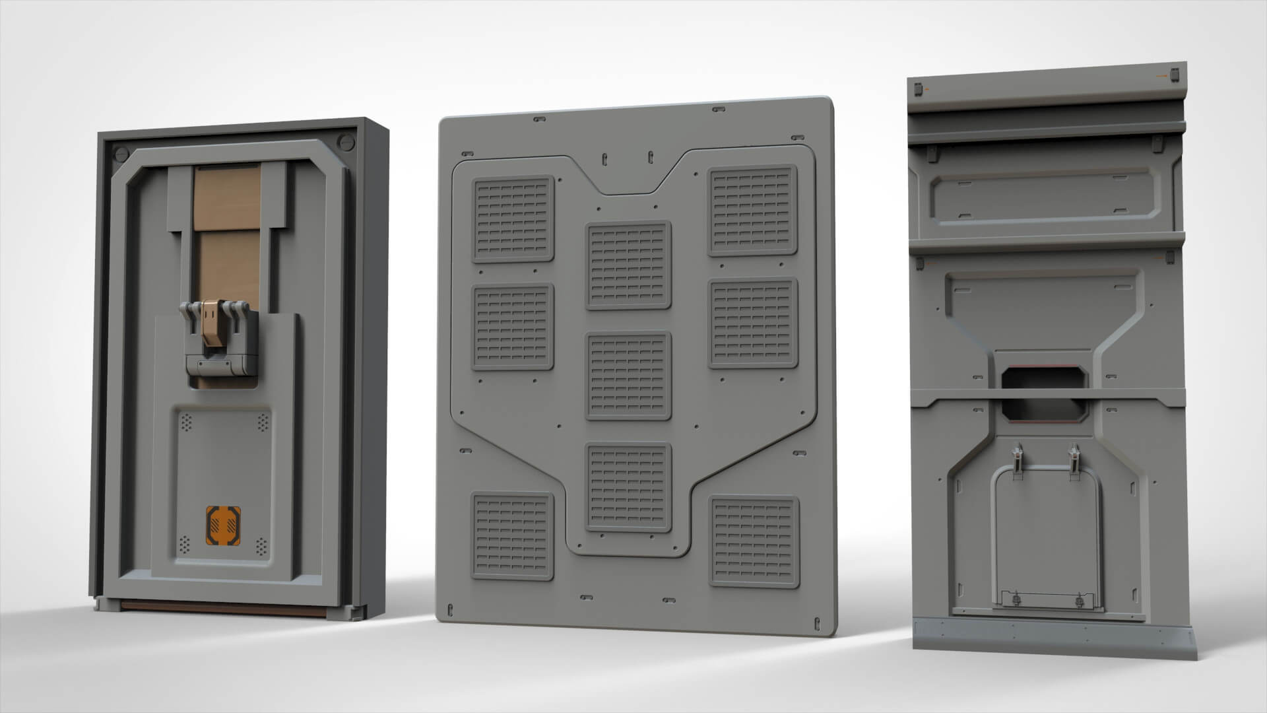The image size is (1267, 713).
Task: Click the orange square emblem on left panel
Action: (x=224, y=527)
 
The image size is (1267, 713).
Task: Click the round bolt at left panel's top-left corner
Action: (x=121, y=153)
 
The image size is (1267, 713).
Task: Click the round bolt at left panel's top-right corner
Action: (x=343, y=141)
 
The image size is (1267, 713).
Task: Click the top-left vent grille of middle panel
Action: (x=512, y=219)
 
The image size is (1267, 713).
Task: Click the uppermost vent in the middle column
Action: (x=628, y=265)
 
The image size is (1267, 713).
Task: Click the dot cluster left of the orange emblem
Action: (x=185, y=545)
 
